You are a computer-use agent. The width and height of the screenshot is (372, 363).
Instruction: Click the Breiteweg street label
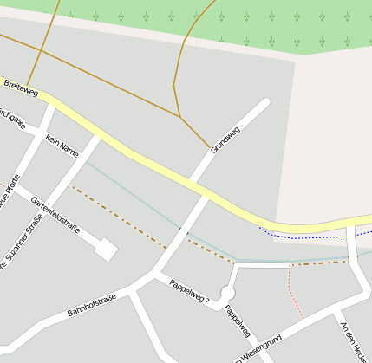[x=21, y=86]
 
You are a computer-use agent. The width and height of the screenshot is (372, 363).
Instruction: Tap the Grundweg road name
[x=225, y=139]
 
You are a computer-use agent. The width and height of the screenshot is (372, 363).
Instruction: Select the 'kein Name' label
[x=62, y=146]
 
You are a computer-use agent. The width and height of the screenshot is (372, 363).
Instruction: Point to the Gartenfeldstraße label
[x=55, y=216]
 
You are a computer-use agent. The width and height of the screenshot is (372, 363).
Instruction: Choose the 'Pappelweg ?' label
[x=189, y=293]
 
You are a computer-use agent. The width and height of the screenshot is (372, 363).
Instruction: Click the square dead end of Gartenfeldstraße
[x=106, y=250]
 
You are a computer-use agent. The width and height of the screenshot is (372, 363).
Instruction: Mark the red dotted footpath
[x=294, y=295]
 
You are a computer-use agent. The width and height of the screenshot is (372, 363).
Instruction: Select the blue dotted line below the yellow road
[x=303, y=236]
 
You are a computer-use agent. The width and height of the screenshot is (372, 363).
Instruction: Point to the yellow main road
[x=156, y=164]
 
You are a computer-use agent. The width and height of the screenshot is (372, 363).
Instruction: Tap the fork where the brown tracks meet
[x=179, y=116]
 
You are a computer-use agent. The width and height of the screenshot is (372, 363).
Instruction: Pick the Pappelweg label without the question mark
[x=237, y=321]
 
